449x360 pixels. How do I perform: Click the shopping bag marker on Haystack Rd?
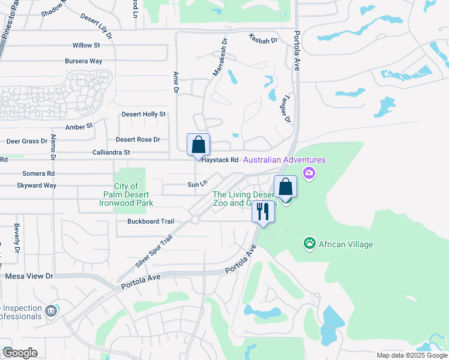click(x=198, y=145)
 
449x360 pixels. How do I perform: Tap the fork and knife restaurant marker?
click(x=262, y=211)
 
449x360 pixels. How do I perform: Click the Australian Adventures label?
click(x=285, y=160)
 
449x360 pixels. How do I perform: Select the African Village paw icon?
click(x=310, y=243)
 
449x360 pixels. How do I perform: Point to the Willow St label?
click(x=86, y=46)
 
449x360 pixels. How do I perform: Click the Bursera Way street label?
click(x=83, y=61)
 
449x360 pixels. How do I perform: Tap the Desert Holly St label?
click(x=143, y=114)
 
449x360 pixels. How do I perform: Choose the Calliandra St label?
click(x=111, y=152)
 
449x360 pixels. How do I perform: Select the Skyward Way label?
click(x=37, y=185)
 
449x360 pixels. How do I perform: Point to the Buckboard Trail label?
click(x=151, y=221)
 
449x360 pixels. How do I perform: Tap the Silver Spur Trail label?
click(x=154, y=251)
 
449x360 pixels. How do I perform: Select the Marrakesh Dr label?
click(x=220, y=58)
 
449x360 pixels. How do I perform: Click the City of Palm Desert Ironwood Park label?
click(x=126, y=195)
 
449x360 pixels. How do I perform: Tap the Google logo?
click(x=20, y=353)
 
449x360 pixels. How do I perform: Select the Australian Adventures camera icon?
click(x=309, y=174)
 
